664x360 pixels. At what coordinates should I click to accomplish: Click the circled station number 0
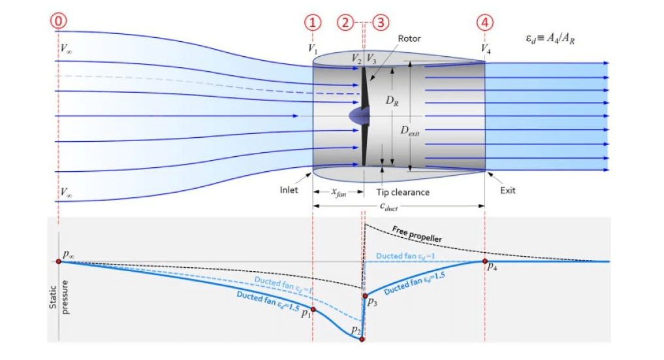[x=59, y=22]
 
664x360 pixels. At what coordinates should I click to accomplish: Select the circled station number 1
[x=313, y=22]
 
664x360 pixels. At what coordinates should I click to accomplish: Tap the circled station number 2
[x=346, y=22]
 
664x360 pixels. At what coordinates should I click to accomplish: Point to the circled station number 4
[x=484, y=22]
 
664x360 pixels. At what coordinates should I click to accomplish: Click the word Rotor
[x=409, y=39]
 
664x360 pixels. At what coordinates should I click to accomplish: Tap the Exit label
[x=507, y=191]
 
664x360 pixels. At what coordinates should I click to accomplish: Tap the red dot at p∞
[x=58, y=261]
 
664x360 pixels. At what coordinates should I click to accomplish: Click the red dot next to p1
[x=313, y=310]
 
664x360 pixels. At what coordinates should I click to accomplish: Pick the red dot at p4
[x=484, y=261]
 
